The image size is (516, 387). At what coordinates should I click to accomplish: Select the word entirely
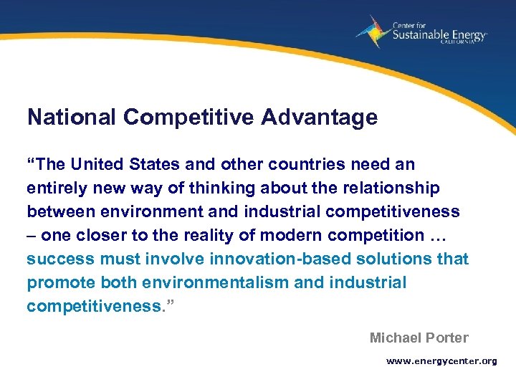coord(54,188)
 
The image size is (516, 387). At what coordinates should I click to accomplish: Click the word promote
coord(59,282)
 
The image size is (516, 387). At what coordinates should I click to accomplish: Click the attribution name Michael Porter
coord(419,338)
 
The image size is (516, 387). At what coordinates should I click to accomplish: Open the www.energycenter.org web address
coord(441,361)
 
